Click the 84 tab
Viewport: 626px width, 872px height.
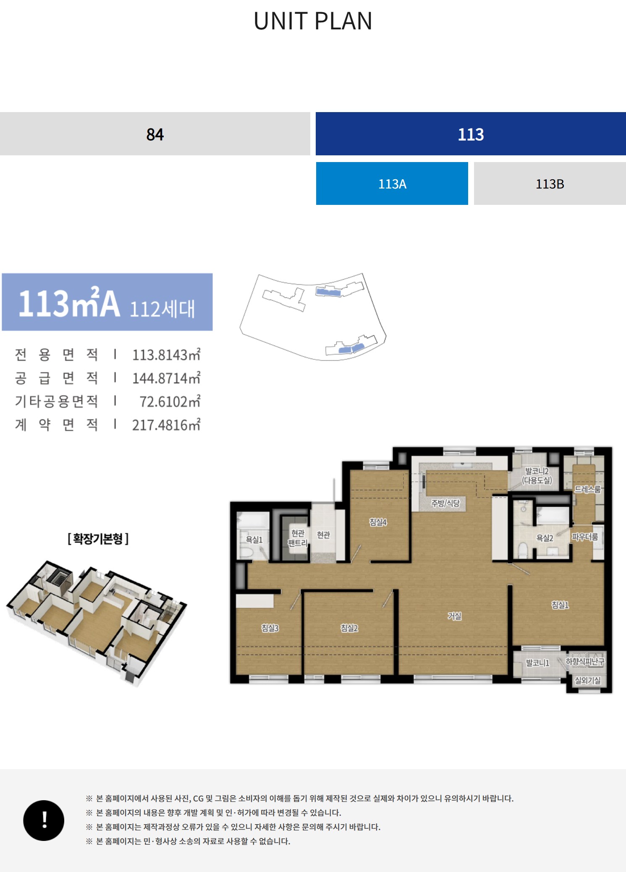[155, 134]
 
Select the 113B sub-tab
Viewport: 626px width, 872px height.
[550, 183]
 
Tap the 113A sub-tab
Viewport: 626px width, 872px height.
[392, 183]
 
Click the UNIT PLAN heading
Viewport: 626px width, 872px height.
[313, 21]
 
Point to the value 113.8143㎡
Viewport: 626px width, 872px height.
[166, 355]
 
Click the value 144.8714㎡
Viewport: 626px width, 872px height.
[166, 378]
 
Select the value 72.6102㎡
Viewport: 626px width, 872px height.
[170, 402]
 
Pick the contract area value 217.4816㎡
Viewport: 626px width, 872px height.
[166, 425]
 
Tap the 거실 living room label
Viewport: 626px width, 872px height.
[455, 616]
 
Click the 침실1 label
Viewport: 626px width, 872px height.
[560, 605]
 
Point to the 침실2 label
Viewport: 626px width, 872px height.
[349, 628]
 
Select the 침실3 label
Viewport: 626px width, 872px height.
[270, 628]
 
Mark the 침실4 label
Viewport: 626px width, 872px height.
[378, 522]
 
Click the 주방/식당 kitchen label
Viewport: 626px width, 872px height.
[445, 503]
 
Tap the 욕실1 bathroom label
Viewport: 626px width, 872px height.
[254, 539]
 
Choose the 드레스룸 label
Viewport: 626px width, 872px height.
[588, 489]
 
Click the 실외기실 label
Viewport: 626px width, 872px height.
[588, 680]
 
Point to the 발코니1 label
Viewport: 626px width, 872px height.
[538, 663]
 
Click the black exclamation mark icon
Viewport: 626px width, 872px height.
[44, 820]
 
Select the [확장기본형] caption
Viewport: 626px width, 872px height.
[98, 539]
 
